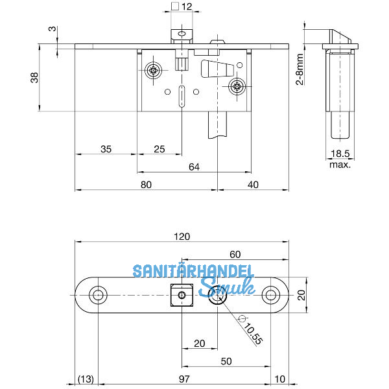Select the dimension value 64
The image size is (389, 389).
193,167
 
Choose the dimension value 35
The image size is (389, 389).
106,149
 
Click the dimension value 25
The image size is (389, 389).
159,149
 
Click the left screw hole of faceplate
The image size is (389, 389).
98,296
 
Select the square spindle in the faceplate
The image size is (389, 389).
182,296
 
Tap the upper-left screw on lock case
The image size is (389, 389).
154,71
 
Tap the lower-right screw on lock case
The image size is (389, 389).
237,86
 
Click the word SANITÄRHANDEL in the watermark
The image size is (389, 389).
183,271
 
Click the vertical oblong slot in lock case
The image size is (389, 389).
182,95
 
